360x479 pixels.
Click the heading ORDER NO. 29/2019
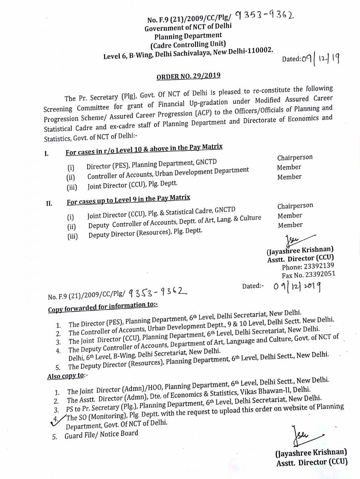pos(188,76)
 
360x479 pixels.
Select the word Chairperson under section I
pos(295,158)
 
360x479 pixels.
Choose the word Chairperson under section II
pos(295,206)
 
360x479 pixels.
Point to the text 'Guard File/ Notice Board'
pos(101,434)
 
